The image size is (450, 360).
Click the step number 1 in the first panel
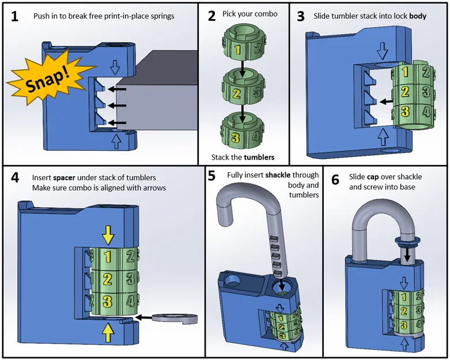14,16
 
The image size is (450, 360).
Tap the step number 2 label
212,16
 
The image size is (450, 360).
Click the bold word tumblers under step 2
258,157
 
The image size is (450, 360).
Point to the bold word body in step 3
418,16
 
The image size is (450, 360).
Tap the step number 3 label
301,16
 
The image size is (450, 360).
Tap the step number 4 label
15,177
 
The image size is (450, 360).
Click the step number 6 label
335,179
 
